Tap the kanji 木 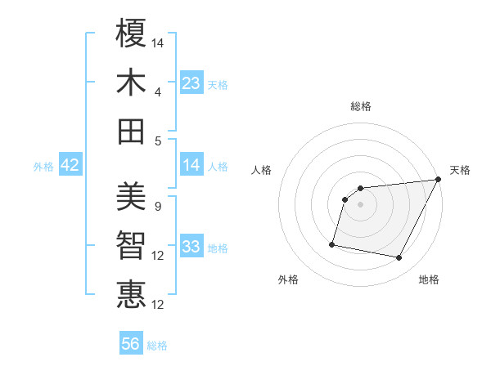[x=132, y=83]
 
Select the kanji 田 [x=132, y=131]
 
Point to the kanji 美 [x=132, y=196]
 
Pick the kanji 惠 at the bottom [x=132, y=294]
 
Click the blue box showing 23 [x=191, y=83]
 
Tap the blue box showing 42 [x=70, y=166]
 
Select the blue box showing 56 [x=131, y=344]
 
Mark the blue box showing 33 [x=191, y=247]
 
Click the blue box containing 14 [x=191, y=166]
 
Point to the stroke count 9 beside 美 [x=157, y=206]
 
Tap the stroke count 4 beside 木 [x=157, y=92]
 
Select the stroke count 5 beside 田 [x=157, y=141]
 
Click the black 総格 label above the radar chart [x=360, y=106]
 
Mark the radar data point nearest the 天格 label [x=439, y=180]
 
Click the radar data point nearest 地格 [x=399, y=258]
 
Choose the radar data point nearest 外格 [x=332, y=243]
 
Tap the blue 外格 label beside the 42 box [x=43, y=167]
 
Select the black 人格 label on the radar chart [x=262, y=170]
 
